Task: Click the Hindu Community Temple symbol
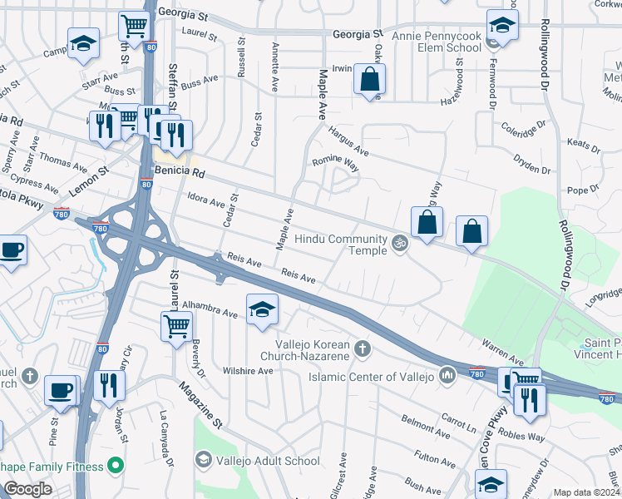coord(399,245)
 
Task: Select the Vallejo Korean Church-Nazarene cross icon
coord(360,347)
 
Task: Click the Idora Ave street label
coord(207,201)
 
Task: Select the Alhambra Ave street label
coord(211,311)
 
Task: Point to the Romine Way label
coord(335,162)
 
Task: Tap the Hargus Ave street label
coord(348,141)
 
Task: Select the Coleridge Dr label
coord(522,129)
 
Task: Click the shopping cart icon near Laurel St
coord(176,325)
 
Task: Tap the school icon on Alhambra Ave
coord(262,309)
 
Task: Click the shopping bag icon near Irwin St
coord(368,80)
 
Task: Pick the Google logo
coord(27,489)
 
